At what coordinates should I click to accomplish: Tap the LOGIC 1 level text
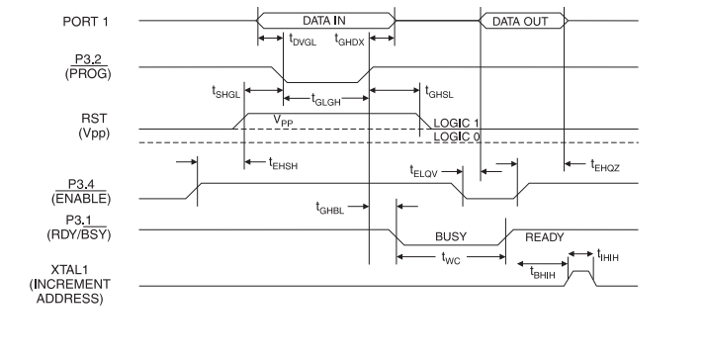[457, 123]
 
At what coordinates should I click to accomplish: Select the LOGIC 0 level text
[457, 136]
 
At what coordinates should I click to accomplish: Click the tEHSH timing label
[283, 163]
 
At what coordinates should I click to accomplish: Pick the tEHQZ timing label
[606, 164]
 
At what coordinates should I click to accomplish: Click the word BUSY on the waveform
[451, 237]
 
